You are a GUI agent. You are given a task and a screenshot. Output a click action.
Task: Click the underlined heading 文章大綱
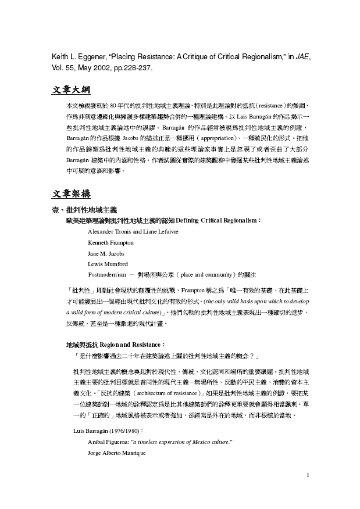point(70,91)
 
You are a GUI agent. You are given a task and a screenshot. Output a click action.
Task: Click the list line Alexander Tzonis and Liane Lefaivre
point(133,231)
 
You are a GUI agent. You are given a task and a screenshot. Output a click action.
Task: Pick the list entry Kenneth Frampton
point(111,242)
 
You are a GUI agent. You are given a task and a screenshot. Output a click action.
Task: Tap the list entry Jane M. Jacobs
point(106,253)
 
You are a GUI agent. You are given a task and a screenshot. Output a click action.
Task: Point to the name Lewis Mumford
point(108,263)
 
